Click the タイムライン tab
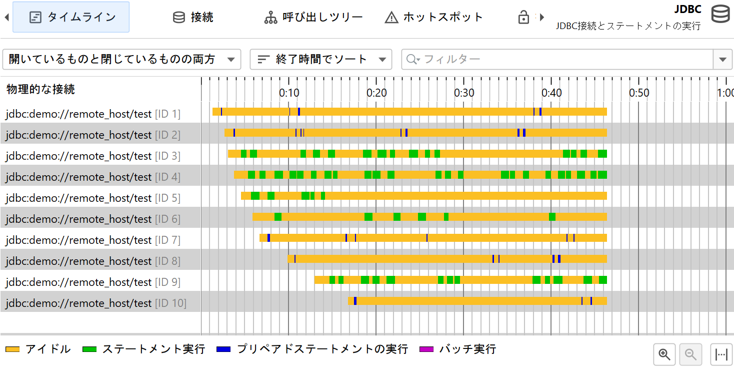(x=71, y=17)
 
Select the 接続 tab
(x=193, y=17)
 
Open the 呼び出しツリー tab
(x=313, y=17)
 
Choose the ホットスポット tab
(x=433, y=17)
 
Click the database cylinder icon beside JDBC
(x=720, y=15)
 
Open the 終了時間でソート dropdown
(x=320, y=59)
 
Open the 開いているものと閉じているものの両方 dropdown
(x=121, y=59)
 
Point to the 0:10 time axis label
(x=289, y=93)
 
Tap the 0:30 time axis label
(x=464, y=93)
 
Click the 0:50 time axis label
(x=639, y=93)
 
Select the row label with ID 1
(x=93, y=114)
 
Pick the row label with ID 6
(x=93, y=219)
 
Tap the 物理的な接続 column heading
(x=40, y=89)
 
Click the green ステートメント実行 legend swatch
(x=89, y=349)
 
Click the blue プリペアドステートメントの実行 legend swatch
(x=223, y=349)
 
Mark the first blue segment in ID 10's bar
(x=355, y=301)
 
